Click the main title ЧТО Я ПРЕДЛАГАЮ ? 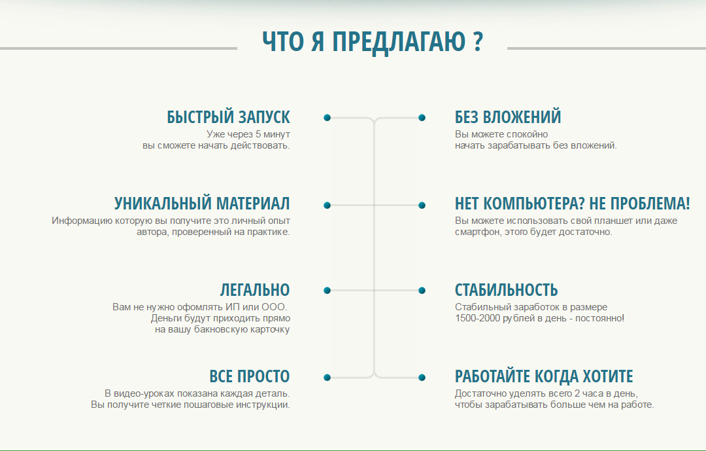[373, 41]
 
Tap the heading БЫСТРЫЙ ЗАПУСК [228, 117]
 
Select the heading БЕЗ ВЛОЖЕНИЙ [508, 117]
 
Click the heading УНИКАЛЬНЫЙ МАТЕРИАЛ [202, 204]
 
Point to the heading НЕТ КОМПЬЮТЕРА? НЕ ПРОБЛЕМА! [572, 204]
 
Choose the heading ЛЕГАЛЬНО [255, 290]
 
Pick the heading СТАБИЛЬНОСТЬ [506, 290]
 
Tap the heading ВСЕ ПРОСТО [249, 377]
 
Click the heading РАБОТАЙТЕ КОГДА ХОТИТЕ [544, 377]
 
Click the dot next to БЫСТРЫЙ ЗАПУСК [327, 118]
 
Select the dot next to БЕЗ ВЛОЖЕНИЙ [422, 118]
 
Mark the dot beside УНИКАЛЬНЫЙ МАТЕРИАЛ [327, 205]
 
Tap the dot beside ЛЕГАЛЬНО [327, 291]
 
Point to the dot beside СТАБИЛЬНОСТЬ [422, 291]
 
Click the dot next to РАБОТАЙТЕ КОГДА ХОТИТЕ [422, 378]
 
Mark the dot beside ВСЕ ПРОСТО [327, 378]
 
